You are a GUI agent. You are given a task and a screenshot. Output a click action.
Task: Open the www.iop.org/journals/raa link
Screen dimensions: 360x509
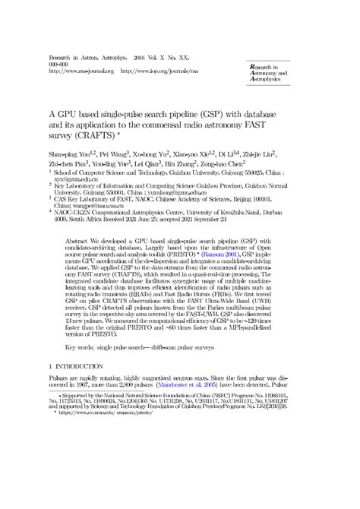pyautogui.click(x=163, y=71)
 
